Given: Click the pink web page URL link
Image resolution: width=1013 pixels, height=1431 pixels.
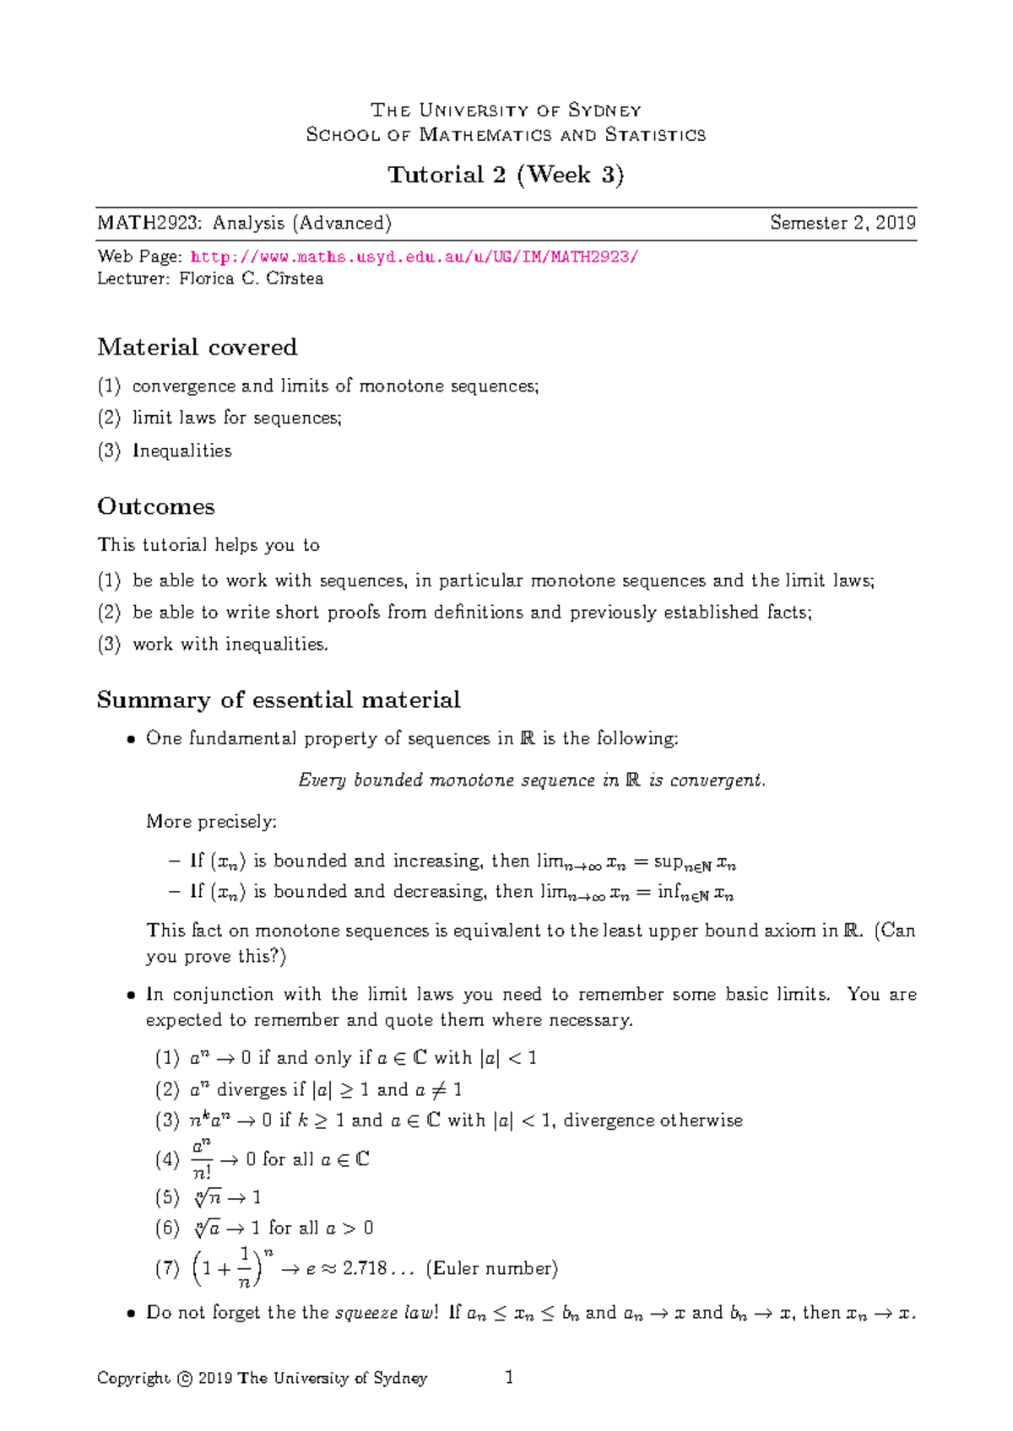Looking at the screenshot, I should tap(414, 257).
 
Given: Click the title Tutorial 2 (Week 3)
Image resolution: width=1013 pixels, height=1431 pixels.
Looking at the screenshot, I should tap(506, 175).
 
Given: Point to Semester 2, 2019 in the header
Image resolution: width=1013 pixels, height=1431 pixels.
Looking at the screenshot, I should tap(842, 224).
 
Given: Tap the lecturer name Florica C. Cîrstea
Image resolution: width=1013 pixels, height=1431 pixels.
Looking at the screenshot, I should tap(251, 279).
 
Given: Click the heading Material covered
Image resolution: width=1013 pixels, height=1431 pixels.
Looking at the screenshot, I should tap(197, 348).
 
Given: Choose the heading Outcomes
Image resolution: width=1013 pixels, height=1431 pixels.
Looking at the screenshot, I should tap(155, 506).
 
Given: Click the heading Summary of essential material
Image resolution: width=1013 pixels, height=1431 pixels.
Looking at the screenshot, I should tap(278, 699).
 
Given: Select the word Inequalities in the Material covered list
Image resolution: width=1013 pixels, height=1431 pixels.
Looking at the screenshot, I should tap(182, 451).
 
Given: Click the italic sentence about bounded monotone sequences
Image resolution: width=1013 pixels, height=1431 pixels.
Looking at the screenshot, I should tap(532, 780).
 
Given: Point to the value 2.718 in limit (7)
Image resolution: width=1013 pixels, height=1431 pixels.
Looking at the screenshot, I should tap(365, 1269).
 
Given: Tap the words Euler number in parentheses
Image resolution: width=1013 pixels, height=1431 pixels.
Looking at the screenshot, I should tap(492, 1269).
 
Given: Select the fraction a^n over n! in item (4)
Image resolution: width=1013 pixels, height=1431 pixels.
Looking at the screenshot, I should tap(202, 1159).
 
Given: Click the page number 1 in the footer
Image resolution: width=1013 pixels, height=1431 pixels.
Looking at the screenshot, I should tap(509, 1378).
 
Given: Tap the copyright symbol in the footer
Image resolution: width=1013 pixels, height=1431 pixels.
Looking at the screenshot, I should tap(185, 1379).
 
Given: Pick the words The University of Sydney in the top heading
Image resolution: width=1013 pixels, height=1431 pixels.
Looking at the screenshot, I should tap(506, 111).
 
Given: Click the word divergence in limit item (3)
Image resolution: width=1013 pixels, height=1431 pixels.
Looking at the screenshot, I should tap(608, 1120).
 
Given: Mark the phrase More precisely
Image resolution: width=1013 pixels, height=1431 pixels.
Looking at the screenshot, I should tap(211, 822).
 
